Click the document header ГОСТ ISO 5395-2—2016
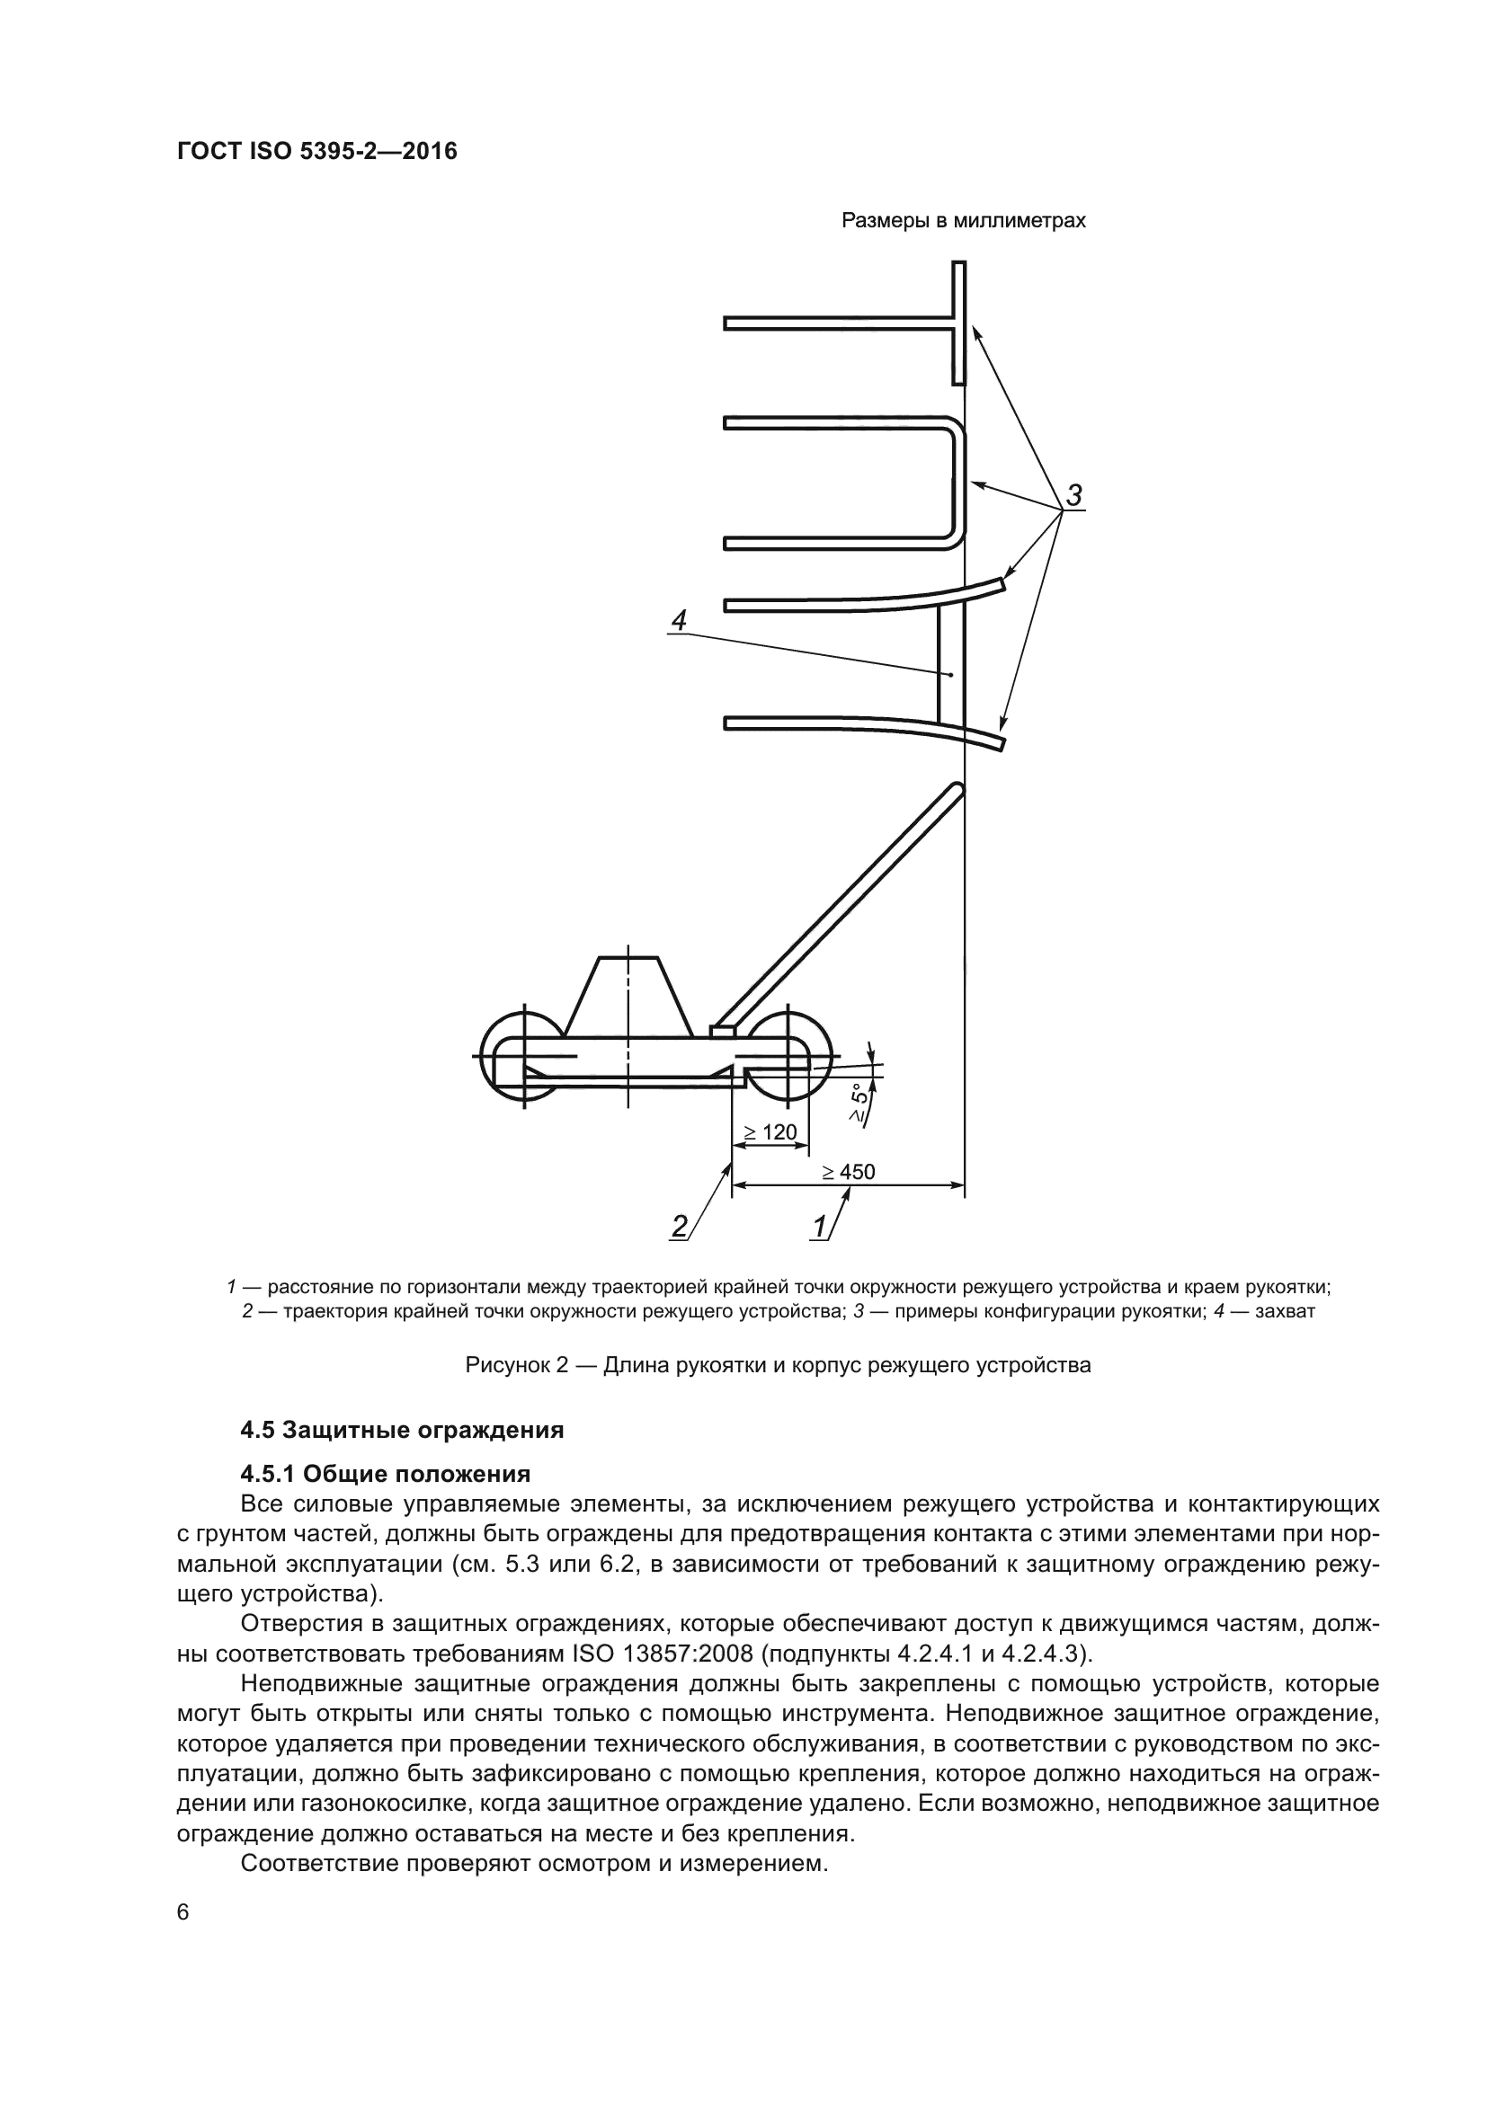click(316, 151)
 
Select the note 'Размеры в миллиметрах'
click(963, 221)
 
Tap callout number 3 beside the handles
click(1074, 494)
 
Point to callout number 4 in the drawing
click(679, 620)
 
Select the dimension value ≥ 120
click(770, 1132)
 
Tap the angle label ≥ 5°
click(859, 1103)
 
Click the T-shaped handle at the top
click(957, 323)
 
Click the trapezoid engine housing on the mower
click(628, 998)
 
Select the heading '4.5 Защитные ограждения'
click(402, 1430)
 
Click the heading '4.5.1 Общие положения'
click(386, 1474)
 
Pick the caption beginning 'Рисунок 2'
click(779, 1365)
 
